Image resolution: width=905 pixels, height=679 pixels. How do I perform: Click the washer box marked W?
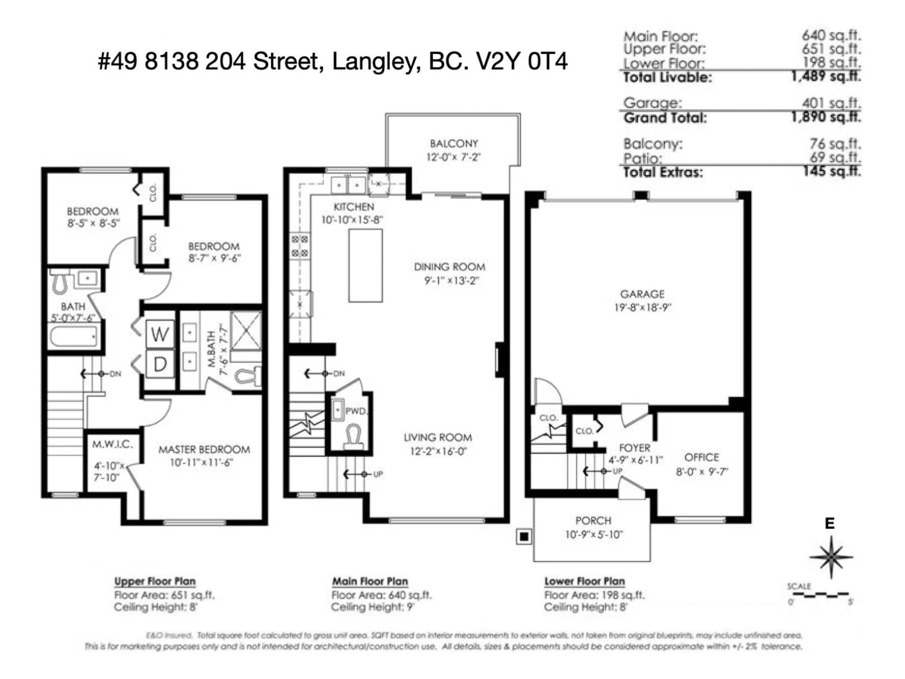160,334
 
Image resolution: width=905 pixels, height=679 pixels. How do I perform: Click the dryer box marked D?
160,364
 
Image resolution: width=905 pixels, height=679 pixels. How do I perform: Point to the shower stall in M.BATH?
246,331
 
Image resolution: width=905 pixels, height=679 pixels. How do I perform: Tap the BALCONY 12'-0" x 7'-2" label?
453,150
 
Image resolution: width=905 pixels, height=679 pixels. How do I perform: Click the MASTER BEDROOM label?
204,449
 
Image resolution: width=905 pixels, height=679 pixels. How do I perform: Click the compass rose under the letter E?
831,557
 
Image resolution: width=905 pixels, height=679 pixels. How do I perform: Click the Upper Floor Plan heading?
155,581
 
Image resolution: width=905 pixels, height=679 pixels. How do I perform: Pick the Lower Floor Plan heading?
584,581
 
